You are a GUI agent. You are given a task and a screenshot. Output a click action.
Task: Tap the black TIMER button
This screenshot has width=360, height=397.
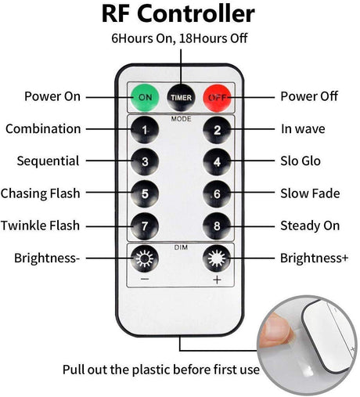(181, 97)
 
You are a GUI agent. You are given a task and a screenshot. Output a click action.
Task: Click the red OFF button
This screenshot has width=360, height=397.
(217, 97)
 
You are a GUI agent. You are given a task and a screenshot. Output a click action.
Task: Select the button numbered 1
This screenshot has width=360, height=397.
(145, 130)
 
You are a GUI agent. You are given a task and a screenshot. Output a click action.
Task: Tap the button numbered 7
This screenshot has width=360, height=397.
(145, 226)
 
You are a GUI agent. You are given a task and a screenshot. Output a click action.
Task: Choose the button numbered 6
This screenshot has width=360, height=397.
(217, 193)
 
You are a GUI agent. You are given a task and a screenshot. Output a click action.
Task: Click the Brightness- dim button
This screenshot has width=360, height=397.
(145, 258)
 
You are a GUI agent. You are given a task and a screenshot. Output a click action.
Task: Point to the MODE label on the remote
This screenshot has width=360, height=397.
(181, 119)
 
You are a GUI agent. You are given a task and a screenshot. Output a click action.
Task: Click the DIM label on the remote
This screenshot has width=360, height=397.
(181, 247)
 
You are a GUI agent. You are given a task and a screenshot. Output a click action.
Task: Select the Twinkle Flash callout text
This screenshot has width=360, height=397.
(40, 226)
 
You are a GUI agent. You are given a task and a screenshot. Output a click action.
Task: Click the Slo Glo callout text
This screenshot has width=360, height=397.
(301, 161)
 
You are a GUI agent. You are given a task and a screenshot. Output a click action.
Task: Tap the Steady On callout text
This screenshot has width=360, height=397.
(310, 226)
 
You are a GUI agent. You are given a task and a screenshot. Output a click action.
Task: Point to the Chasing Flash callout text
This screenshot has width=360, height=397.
(40, 193)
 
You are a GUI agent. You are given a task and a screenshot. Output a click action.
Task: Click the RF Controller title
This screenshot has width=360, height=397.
(178, 13)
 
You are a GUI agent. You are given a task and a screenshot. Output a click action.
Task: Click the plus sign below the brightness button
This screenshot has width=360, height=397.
(217, 280)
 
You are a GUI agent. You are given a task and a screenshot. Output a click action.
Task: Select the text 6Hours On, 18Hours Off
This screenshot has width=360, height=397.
(179, 38)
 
